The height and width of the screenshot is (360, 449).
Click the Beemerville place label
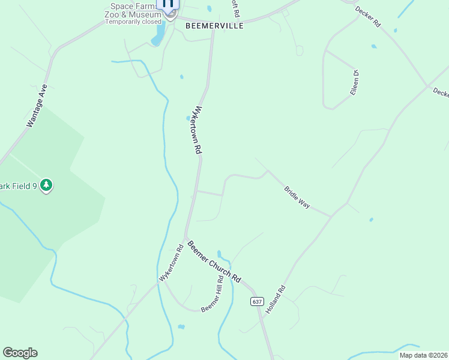(214, 26)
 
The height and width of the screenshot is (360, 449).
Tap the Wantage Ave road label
(37, 106)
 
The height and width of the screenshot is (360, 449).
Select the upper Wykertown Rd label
(196, 131)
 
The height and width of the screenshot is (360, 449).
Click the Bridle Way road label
(297, 197)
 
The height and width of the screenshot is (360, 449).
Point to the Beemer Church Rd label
(214, 262)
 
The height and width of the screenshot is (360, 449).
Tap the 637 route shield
(257, 301)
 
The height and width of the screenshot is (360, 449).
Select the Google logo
(20, 353)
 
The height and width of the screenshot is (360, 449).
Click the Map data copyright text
(424, 355)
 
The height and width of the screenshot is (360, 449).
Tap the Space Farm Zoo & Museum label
(133, 10)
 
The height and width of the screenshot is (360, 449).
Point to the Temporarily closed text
(133, 22)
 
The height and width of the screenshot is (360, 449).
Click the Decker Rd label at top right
(368, 17)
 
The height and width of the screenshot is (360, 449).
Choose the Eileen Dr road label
(355, 83)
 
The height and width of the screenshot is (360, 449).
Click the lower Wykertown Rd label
(171, 263)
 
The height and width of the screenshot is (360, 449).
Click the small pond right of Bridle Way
(371, 220)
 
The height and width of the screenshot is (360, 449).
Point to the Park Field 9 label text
(19, 186)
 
